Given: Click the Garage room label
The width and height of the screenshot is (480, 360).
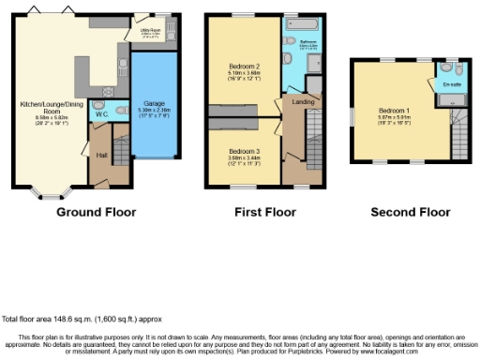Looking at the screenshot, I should pos(154,102).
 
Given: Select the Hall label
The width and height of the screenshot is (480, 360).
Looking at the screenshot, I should pos(100,156).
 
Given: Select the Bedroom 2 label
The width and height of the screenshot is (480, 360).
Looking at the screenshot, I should pos(244,66).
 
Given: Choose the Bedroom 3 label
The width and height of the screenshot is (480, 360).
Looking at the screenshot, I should pos(244,151).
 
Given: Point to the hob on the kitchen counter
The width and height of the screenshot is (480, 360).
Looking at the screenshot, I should pos(125,63).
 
